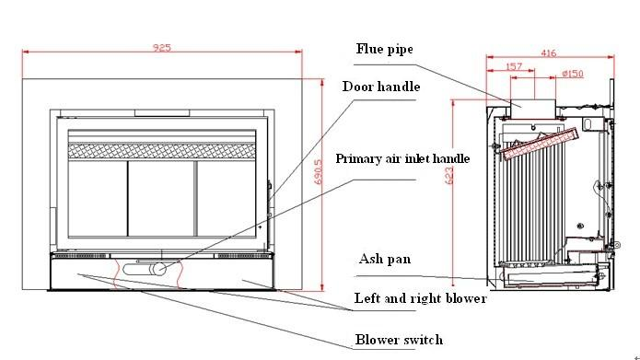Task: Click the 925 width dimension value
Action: pos(162,47)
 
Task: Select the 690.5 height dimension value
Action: pos(319,171)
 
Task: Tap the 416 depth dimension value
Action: pos(549,52)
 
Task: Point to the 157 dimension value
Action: pos(514,66)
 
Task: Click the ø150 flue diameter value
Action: pos(573,74)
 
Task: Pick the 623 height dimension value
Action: pos(449,176)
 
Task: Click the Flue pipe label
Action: pos(385,49)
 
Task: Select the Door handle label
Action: pos(381,87)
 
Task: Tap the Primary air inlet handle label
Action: pos(402,158)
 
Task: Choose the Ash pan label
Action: pos(385,259)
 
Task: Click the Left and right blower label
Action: pos(421,298)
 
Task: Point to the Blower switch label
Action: pos(399,340)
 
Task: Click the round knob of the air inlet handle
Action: pos(158,269)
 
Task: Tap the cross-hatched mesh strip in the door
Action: pos(162,151)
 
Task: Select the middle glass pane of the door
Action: pos(162,198)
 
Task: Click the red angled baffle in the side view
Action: pos(540,144)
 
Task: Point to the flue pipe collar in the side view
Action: pos(532,109)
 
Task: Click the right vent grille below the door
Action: pos(243,256)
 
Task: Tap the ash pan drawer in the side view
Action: pos(551,277)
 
